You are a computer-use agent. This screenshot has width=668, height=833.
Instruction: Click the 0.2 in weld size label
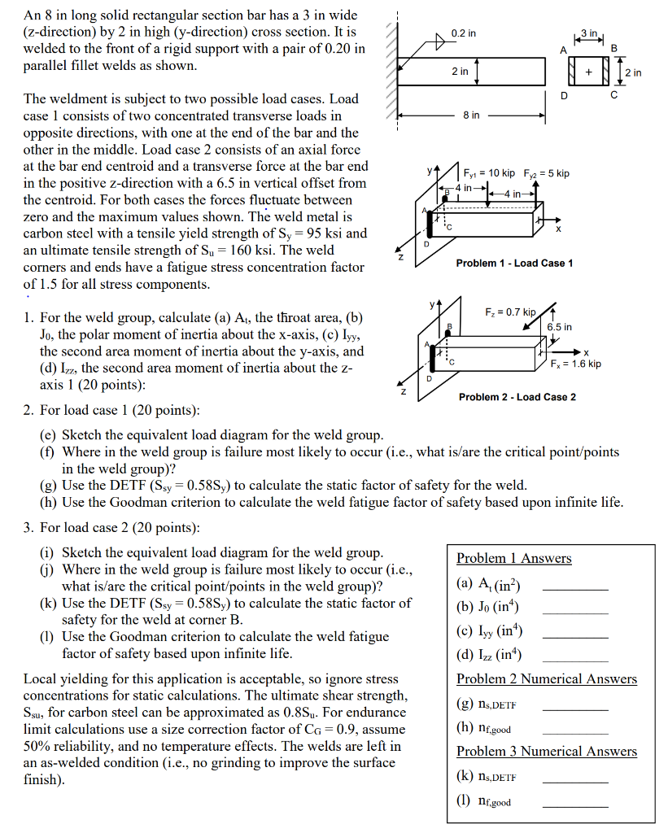463,33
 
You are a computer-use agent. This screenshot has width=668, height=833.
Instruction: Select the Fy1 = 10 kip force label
489,173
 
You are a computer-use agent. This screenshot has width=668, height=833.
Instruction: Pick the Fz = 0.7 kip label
511,312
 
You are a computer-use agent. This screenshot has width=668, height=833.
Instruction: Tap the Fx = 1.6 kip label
575,364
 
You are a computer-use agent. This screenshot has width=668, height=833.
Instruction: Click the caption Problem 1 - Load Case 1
514,263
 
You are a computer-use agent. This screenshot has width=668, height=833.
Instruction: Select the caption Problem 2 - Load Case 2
517,397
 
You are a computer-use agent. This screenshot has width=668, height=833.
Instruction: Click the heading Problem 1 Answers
513,558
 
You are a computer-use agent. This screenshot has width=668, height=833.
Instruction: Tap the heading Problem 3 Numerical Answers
546,751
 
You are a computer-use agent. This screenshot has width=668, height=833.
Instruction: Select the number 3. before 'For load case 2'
28,527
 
